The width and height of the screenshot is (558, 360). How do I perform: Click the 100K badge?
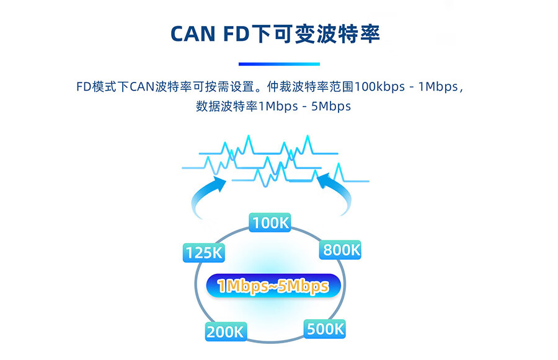pyautogui.click(x=270, y=222)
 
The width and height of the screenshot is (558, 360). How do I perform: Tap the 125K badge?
pyautogui.click(x=203, y=253)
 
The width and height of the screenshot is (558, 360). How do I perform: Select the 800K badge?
pyautogui.click(x=340, y=250)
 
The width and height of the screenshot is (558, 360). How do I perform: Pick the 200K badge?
pyautogui.click(x=225, y=331)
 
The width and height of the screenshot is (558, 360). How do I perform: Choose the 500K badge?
pyautogui.click(x=325, y=328)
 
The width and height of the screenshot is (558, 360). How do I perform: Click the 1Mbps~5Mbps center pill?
pyautogui.click(x=273, y=286)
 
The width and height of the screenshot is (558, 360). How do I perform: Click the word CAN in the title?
pyautogui.click(x=192, y=35)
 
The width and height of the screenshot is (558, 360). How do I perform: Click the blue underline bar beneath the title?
pyautogui.click(x=279, y=64)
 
